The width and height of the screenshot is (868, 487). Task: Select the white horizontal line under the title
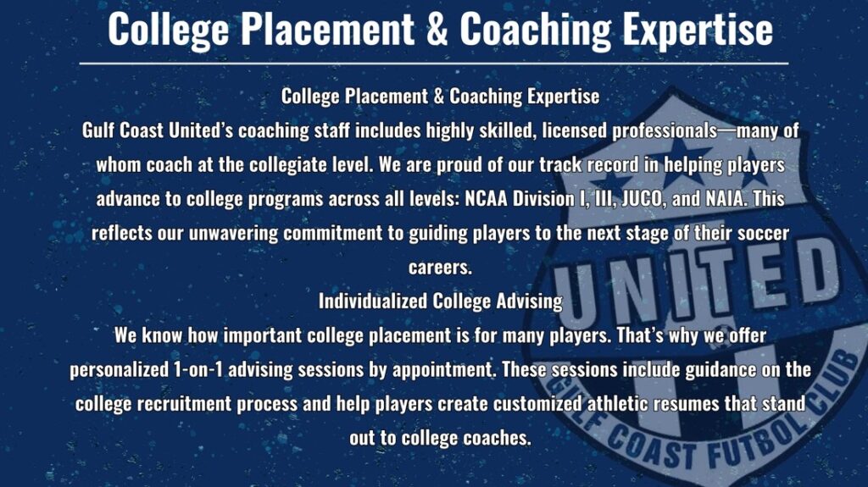tap(434, 64)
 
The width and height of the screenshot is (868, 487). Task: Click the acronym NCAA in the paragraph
tap(486, 199)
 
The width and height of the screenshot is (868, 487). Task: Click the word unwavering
tap(233, 233)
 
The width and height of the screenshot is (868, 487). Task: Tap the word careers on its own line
tap(440, 268)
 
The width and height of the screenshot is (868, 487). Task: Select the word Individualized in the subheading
tap(373, 301)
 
